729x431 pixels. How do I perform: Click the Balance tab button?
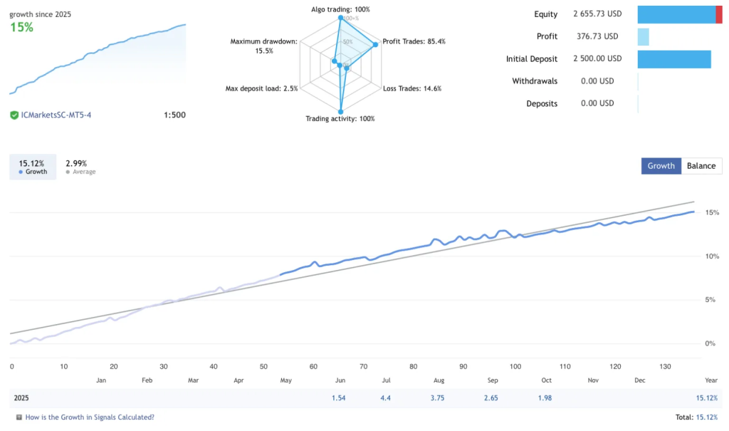click(701, 166)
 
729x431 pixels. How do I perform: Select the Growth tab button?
click(661, 166)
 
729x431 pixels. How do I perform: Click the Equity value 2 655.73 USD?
click(597, 14)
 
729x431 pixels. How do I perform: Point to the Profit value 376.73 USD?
click(597, 36)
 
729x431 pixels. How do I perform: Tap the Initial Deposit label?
click(532, 59)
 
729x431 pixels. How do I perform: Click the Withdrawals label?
click(535, 81)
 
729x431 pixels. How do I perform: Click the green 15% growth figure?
click(21, 27)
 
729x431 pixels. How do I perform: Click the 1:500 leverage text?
click(174, 115)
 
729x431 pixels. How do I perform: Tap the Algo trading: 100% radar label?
click(340, 9)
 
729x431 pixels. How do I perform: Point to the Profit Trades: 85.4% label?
click(414, 41)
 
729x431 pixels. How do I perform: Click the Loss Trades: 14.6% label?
click(412, 88)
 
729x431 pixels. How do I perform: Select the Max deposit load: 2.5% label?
click(261, 88)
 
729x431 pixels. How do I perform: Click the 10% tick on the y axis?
click(710, 256)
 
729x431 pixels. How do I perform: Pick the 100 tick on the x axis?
click(516, 367)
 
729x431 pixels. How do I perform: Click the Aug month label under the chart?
click(439, 381)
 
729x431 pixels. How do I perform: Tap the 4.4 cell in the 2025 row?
click(386, 398)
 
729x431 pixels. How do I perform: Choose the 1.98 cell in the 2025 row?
click(546, 398)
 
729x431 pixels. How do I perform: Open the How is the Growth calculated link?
click(89, 417)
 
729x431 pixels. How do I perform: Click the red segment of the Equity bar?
click(719, 14)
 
